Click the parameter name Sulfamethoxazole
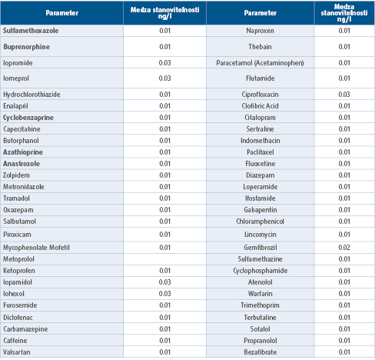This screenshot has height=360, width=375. point(31,31)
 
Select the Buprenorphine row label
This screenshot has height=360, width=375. point(26,47)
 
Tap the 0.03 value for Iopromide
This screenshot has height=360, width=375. point(164,63)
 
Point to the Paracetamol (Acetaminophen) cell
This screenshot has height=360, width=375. point(260,63)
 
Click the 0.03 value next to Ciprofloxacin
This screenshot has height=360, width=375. point(344,95)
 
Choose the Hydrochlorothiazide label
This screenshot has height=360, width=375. point(32,95)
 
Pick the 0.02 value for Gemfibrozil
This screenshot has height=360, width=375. point(344,248)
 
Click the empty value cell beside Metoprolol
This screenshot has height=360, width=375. point(164,259)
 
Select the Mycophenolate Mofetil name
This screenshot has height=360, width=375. point(36,248)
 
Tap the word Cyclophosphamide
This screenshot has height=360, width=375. point(260,271)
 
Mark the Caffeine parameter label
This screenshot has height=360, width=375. point(15,341)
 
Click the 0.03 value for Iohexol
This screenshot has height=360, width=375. point(164,294)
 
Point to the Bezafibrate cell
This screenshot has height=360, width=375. point(260,352)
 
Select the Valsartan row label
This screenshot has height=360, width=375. point(17,352)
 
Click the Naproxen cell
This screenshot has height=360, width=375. point(260,31)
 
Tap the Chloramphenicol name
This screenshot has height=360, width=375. point(260,222)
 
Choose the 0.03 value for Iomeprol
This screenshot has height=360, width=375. point(164,78)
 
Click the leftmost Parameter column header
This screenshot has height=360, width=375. point(62,13)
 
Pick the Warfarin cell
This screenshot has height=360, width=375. point(260,294)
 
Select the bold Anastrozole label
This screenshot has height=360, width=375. point(22,164)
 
